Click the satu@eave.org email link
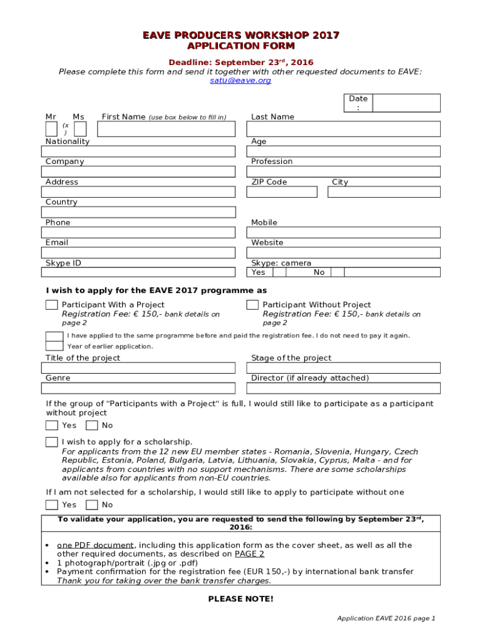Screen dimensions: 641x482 pyautogui.click(x=240, y=81)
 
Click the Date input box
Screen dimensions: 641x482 pyautogui.click(x=406, y=103)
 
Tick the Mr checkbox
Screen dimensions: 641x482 pyautogui.click(x=51, y=129)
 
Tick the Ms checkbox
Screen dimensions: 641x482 pyautogui.click(x=80, y=129)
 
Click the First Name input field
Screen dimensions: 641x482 pyautogui.click(x=167, y=129)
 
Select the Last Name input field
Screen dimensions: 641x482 pyautogui.click(x=344, y=129)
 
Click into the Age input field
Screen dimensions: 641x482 pyautogui.click(x=344, y=151)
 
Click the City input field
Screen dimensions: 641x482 pyautogui.click(x=384, y=192)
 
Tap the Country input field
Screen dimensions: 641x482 pyautogui.click(x=139, y=212)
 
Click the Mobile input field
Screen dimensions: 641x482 pyautogui.click(x=344, y=233)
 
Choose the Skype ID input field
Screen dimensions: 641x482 pyautogui.click(x=139, y=272)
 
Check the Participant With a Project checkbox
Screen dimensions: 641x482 pyautogui.click(x=51, y=305)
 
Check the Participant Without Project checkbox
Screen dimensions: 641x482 pyautogui.click(x=252, y=305)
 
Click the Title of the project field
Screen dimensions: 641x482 pyautogui.click(x=139, y=368)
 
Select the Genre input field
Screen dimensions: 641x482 pyautogui.click(x=139, y=388)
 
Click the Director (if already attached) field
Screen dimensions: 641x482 pyautogui.click(x=344, y=388)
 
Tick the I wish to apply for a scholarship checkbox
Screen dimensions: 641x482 pyautogui.click(x=51, y=442)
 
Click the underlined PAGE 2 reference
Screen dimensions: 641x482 pyautogui.click(x=249, y=554)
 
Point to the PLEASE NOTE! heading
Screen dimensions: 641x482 pyautogui.click(x=240, y=599)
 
